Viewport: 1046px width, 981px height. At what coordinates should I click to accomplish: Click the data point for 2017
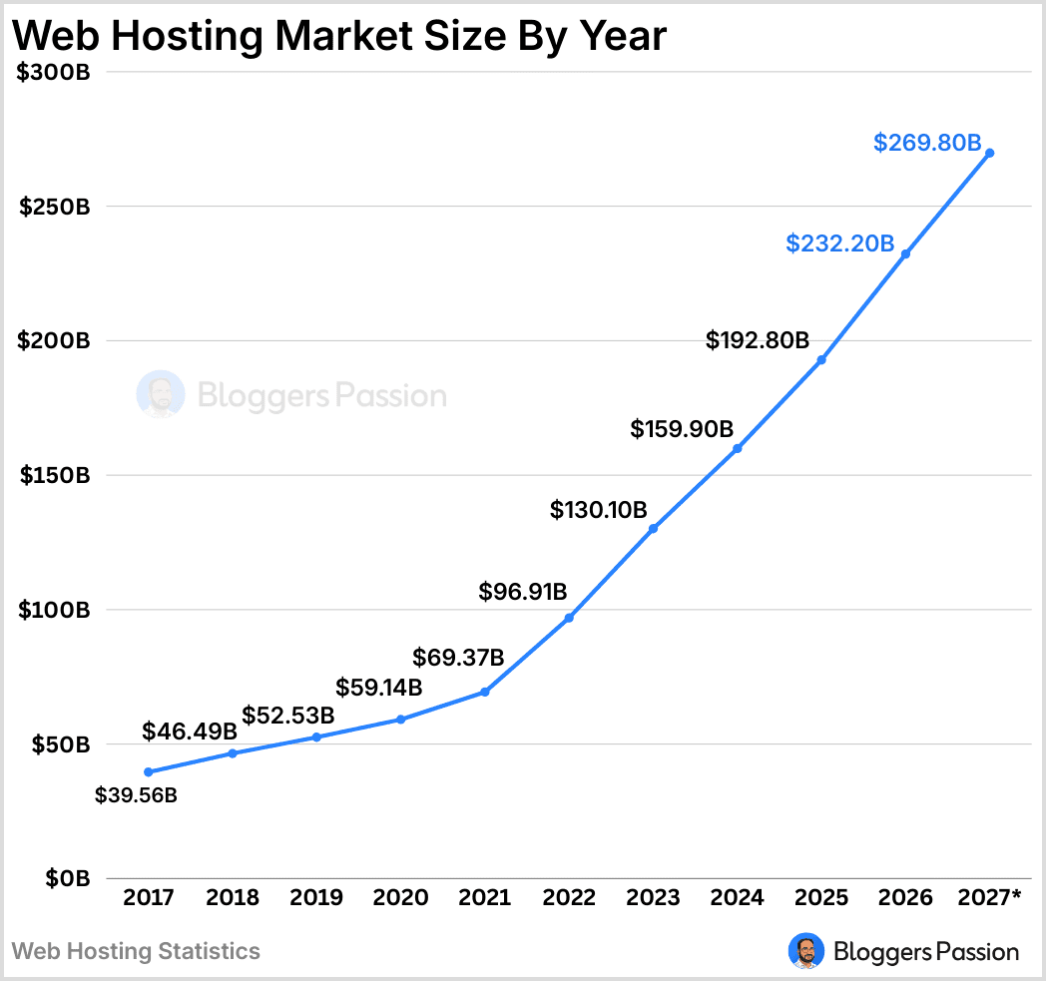(149, 771)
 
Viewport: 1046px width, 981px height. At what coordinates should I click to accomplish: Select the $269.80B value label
(927, 143)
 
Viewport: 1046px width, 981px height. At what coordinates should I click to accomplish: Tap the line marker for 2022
(569, 618)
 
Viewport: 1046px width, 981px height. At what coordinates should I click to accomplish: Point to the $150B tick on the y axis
(55, 475)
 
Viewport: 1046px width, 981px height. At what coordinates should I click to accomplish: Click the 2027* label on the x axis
(988, 897)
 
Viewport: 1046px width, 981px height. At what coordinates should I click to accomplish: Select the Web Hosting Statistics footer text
(136, 951)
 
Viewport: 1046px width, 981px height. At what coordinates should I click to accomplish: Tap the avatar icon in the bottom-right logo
(805, 951)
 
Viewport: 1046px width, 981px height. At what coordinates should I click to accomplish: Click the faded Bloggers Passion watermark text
(321, 396)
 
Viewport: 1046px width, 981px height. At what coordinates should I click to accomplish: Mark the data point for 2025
(821, 359)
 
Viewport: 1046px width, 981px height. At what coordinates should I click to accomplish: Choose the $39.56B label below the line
(136, 796)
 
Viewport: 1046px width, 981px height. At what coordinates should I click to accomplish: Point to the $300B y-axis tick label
(55, 72)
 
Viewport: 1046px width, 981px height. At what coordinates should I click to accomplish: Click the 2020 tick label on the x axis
(400, 897)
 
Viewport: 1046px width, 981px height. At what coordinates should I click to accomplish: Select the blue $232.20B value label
(839, 243)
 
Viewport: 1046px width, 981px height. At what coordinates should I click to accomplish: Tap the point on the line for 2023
(653, 529)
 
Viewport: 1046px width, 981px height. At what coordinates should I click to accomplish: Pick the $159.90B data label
(682, 429)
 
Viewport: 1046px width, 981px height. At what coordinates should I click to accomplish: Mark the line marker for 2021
(485, 692)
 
